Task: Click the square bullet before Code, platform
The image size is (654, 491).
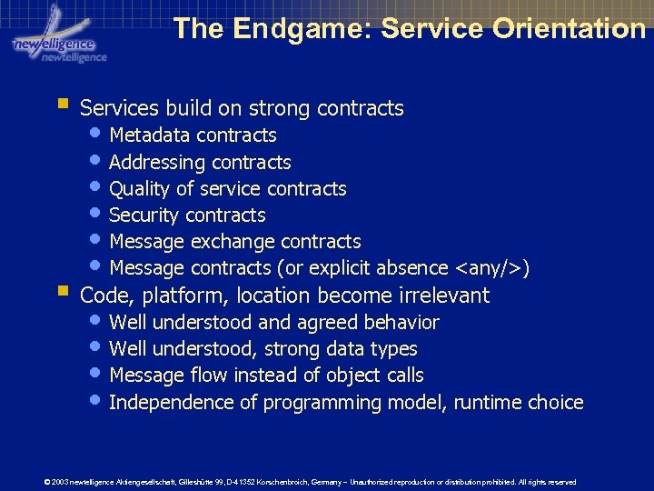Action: pos(61,292)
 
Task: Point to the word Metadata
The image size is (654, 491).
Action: pos(149,135)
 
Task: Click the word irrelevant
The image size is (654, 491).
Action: pos(443,296)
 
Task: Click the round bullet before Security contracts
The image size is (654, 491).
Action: pos(98,215)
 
